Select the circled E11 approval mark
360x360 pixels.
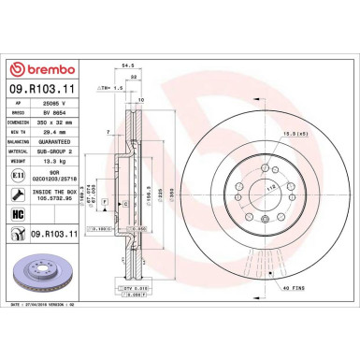[18, 174]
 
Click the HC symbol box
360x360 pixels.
[18, 215]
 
